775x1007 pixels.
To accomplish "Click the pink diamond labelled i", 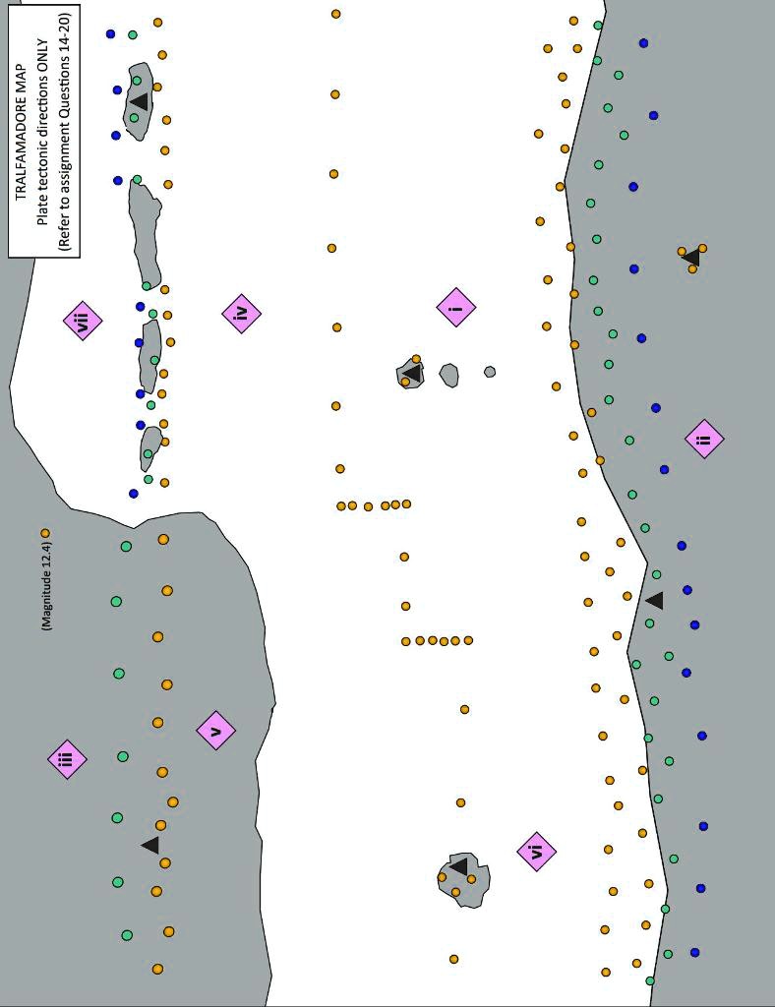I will tap(456, 308).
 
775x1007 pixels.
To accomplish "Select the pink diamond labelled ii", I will tap(704, 439).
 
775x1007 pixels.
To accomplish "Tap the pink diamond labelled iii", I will tap(67, 759).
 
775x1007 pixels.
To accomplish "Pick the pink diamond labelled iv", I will tap(241, 313).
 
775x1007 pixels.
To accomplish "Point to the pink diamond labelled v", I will tap(216, 731).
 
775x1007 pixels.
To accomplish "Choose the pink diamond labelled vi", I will tap(536, 852).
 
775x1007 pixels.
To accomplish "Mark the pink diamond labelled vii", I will tap(83, 321).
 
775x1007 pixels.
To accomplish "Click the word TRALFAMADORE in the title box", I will tap(23, 135).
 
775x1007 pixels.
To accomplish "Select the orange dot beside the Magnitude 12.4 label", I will tap(45, 533).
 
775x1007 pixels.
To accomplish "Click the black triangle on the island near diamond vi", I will tap(459, 866).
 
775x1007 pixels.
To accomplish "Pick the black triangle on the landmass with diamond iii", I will tap(150, 845).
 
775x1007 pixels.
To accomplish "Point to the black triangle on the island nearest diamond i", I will tap(413, 374).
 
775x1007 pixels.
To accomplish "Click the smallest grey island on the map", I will tap(490, 372).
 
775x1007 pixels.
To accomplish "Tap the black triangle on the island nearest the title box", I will tap(140, 101).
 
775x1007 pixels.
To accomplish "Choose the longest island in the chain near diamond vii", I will tap(146, 232).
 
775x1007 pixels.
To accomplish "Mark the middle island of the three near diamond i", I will tap(448, 375).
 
